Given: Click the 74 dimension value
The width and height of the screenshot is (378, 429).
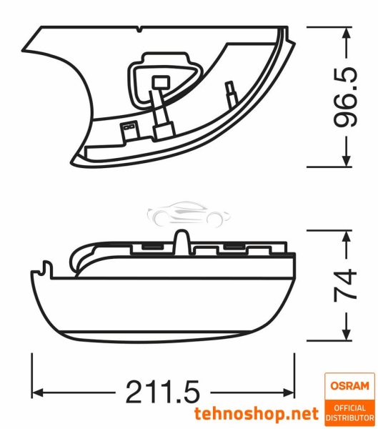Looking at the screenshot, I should [346, 285].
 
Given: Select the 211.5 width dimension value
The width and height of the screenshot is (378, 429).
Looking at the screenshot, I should [162, 391].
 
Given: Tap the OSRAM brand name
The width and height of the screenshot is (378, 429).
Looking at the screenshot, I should [349, 386].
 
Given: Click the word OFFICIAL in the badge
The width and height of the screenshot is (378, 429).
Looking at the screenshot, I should [349, 408].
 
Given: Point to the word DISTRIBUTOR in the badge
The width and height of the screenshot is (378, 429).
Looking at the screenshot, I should [349, 418].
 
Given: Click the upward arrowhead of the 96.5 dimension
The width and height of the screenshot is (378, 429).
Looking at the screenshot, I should [347, 32].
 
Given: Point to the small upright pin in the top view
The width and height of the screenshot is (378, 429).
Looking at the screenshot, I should [230, 91].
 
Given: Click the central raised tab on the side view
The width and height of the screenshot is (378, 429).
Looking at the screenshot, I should [181, 242].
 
